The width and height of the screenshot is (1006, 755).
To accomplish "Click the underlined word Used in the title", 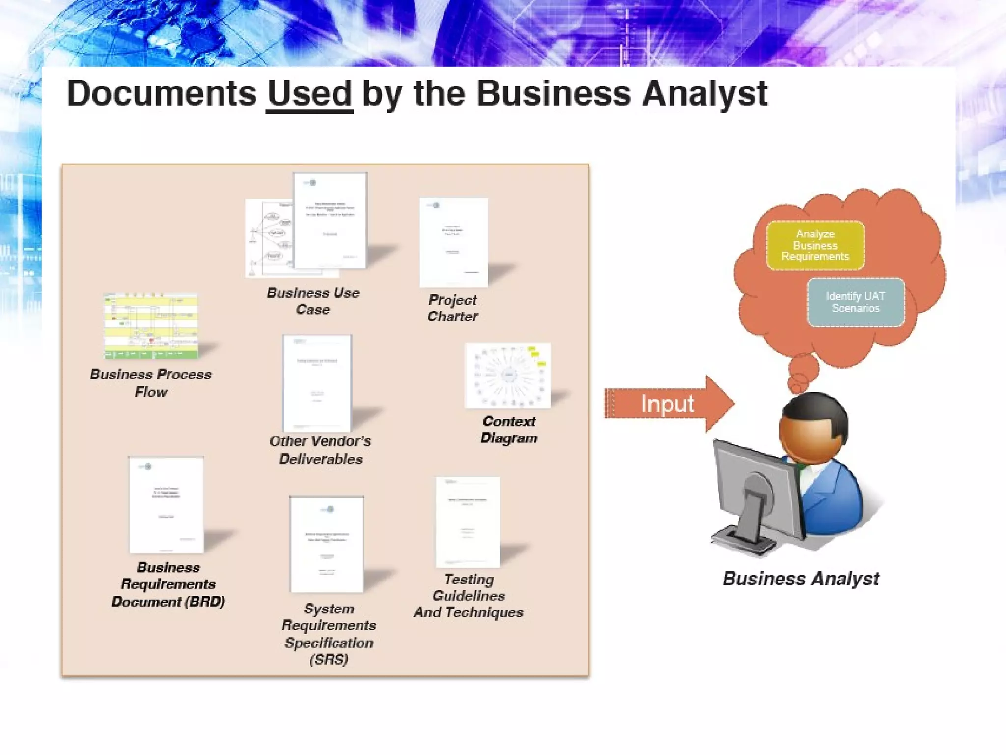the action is tap(309, 93).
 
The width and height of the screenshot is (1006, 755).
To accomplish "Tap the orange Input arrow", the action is tap(668, 404).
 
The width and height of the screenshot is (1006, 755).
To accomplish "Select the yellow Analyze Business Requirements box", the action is tap(815, 245).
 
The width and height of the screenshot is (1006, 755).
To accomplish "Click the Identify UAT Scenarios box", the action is tap(855, 302).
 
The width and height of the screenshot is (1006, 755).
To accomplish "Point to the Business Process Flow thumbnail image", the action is tap(151, 326).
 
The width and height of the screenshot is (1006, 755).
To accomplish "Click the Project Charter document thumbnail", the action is tap(453, 242).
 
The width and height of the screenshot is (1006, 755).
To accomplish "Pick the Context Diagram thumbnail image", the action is tap(507, 376).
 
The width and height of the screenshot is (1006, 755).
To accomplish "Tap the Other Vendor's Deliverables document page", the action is tap(317, 383).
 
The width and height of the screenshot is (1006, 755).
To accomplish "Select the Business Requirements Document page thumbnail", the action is tap(167, 505).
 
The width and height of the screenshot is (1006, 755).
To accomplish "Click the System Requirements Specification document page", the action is tap(327, 544).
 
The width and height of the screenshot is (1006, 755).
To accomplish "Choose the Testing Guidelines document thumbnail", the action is tap(468, 522).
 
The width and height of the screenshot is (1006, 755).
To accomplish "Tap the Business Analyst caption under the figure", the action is tap(801, 579).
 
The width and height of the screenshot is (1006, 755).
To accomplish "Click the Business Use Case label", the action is tap(313, 301).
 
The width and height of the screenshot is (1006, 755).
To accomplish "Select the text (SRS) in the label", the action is tap(329, 659).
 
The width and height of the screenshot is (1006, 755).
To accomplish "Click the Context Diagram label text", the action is tap(509, 430).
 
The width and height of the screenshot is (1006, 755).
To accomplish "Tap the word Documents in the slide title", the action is tap(162, 93).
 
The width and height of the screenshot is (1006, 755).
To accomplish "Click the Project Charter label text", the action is tap(452, 308).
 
